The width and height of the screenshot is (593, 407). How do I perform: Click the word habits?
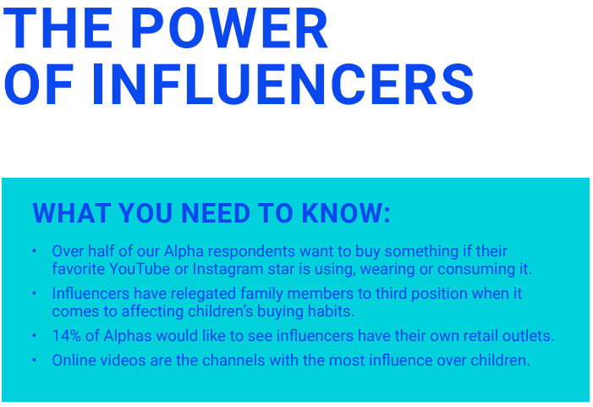click(x=327, y=312)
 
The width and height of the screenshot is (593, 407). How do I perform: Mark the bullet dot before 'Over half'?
click(x=35, y=251)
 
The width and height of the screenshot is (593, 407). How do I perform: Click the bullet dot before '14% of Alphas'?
click(x=35, y=336)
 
